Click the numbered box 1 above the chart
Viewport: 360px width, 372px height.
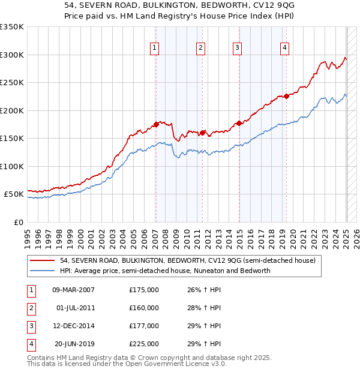(155, 49)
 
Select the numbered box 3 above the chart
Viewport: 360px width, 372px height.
(237, 49)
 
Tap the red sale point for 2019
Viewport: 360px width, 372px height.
(287, 96)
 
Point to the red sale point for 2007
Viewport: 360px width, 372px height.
(156, 124)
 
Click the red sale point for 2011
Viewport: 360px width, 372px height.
(202, 133)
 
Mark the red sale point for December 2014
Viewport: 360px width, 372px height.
(239, 123)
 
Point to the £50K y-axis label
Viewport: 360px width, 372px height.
(14, 194)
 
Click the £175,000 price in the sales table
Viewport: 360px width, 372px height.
(144, 290)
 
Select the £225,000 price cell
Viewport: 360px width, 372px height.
(144, 344)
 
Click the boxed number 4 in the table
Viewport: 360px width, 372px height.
(31, 344)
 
